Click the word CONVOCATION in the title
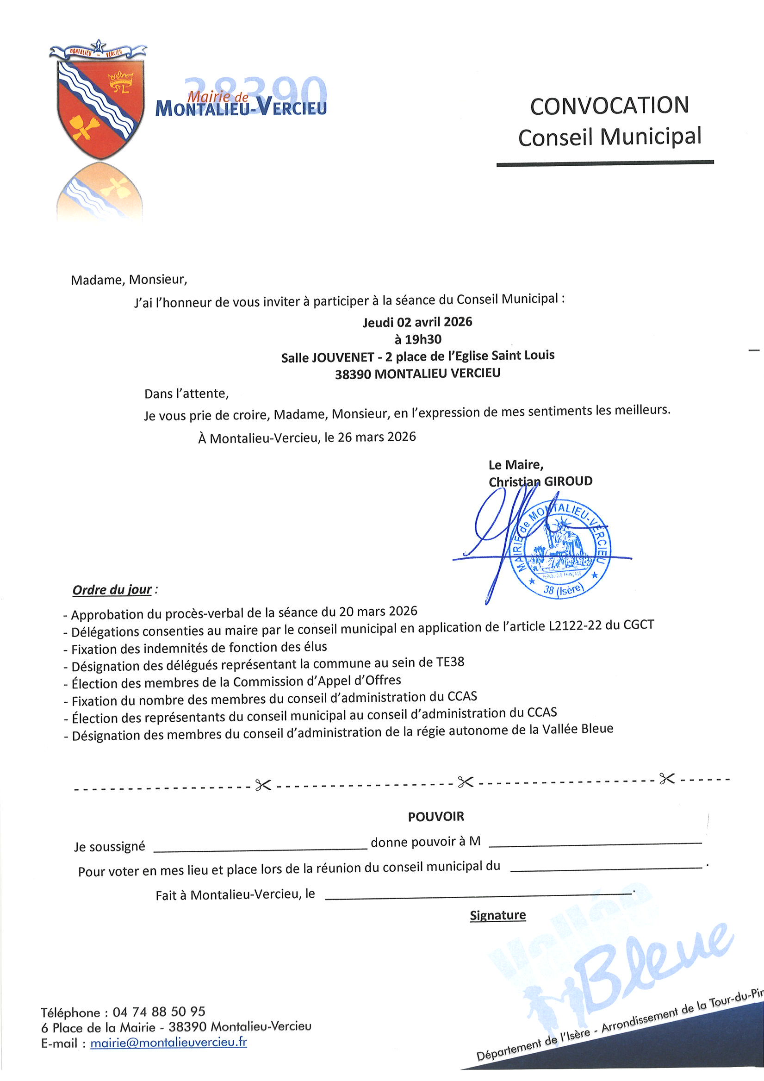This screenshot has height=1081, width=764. click(609, 106)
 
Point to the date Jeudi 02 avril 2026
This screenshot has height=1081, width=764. click(417, 322)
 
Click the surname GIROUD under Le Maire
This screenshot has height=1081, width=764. click(568, 481)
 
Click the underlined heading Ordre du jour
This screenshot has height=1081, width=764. click(112, 590)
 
